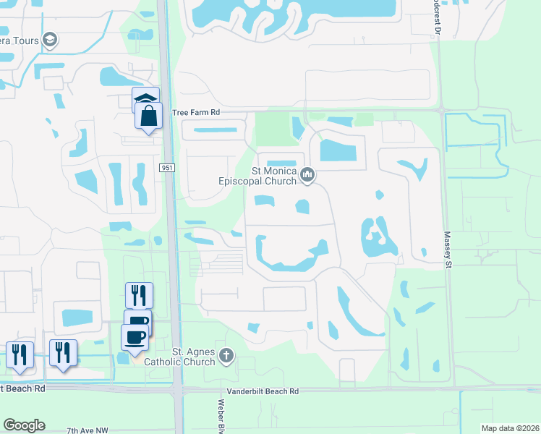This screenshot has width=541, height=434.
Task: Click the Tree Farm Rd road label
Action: pyautogui.click(x=195, y=113)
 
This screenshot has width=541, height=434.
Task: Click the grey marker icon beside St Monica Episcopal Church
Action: pyautogui.click(x=308, y=174)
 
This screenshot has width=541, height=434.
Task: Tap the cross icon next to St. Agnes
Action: pyautogui.click(x=226, y=355)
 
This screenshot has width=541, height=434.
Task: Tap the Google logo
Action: pyautogui.click(x=24, y=425)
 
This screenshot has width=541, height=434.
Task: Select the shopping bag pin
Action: pyautogui.click(x=148, y=116)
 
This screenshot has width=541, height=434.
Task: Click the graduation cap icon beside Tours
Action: pyautogui.click(x=50, y=40)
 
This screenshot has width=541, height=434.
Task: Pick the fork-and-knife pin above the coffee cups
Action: pyautogui.click(x=138, y=295)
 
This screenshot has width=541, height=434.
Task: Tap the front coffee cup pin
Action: pyautogui.click(x=135, y=337)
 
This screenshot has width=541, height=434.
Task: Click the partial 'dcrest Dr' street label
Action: pyautogui.click(x=435, y=12)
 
